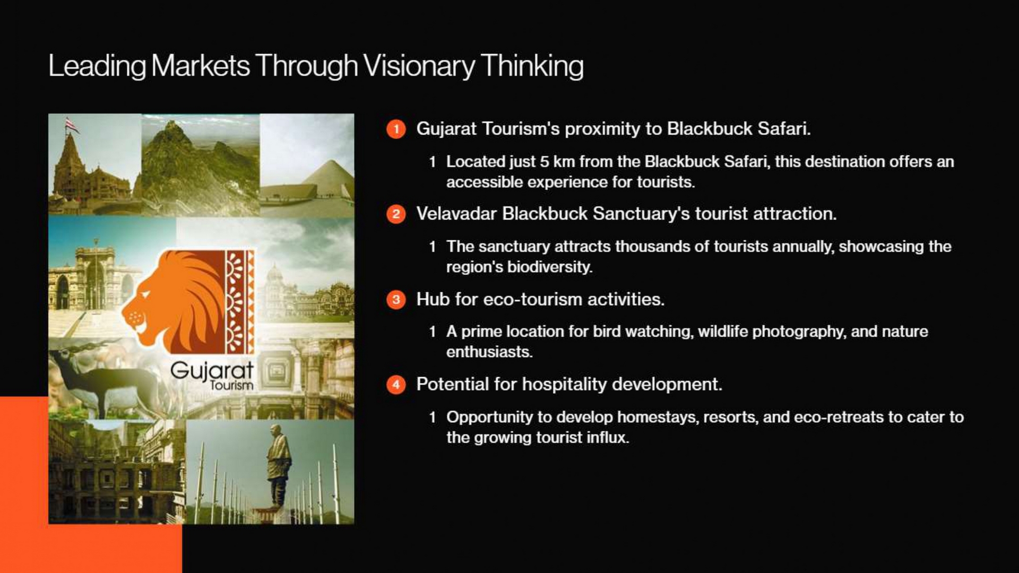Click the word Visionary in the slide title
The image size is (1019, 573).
[x=419, y=66]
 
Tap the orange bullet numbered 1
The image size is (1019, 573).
[x=396, y=129]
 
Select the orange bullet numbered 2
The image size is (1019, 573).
[x=396, y=214]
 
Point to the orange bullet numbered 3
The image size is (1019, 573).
[x=396, y=300]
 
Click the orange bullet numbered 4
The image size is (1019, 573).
[x=396, y=385]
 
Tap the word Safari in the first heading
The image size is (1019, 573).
[x=784, y=129]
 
